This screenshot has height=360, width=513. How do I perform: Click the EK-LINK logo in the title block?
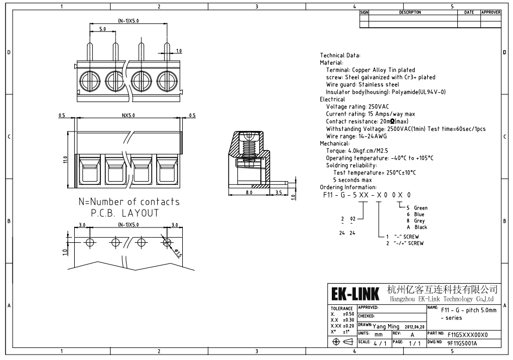pyautogui.click(x=355, y=293)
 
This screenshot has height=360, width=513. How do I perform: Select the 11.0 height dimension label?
pyautogui.click(x=65, y=160)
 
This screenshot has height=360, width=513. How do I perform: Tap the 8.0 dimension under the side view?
pyautogui.click(x=249, y=192)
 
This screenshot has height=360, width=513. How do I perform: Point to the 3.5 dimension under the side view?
pyautogui.click(x=278, y=192)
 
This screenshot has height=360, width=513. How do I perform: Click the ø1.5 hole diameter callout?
pyautogui.click(x=178, y=253)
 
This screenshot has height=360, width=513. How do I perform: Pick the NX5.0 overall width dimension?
pyautogui.click(x=128, y=115)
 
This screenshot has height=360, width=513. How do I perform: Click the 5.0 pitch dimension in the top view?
pyautogui.click(x=103, y=29)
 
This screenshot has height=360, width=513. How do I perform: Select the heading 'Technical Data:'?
pyautogui.click(x=340, y=55)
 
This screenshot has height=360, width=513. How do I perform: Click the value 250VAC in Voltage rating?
pyautogui.click(x=379, y=106)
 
